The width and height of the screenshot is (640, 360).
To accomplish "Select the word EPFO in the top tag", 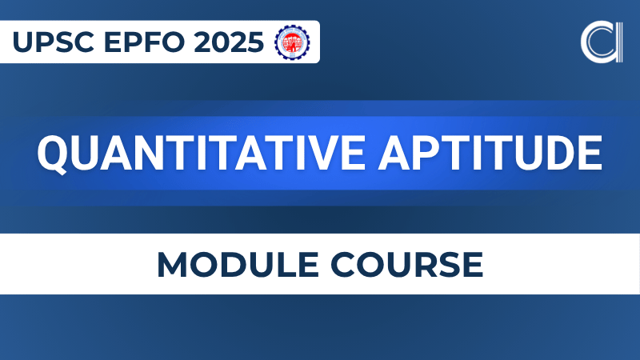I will tap(134, 42).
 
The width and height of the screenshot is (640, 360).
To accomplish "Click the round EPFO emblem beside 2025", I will tap(292, 42).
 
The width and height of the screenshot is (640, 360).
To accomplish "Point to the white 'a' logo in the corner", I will tap(601, 42).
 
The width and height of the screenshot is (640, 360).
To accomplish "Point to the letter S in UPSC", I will tap(59, 42).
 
